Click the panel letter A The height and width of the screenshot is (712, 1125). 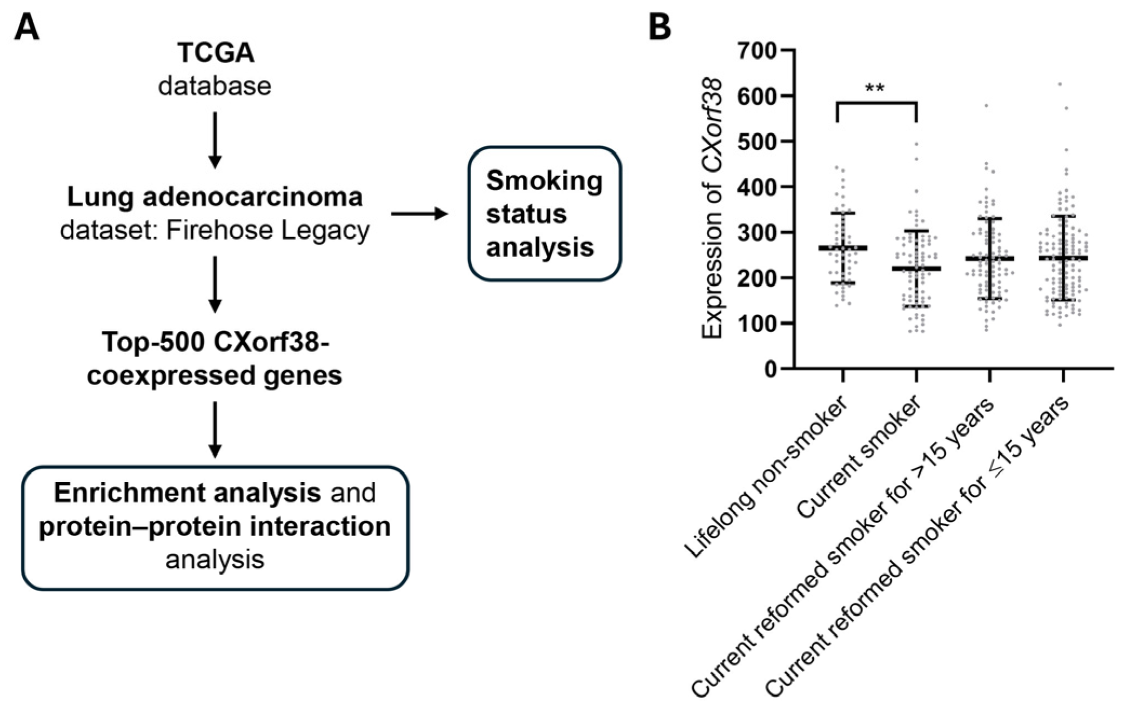26,28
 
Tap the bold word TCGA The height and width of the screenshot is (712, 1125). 216,53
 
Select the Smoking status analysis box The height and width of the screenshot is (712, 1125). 544,213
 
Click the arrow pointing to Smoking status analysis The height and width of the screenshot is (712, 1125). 419,214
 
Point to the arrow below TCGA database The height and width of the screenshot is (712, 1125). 215,140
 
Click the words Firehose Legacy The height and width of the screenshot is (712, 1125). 267,231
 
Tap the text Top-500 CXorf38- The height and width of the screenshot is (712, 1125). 215,342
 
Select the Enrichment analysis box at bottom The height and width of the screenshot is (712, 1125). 215,527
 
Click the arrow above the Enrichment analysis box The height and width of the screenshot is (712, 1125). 215,429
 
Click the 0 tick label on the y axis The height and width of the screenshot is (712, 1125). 769,370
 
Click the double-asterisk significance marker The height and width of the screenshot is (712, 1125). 875,89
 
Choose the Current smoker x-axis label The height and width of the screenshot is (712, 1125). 859,457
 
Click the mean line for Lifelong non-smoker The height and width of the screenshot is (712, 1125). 842,248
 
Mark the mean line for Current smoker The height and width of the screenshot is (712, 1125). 916,268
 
